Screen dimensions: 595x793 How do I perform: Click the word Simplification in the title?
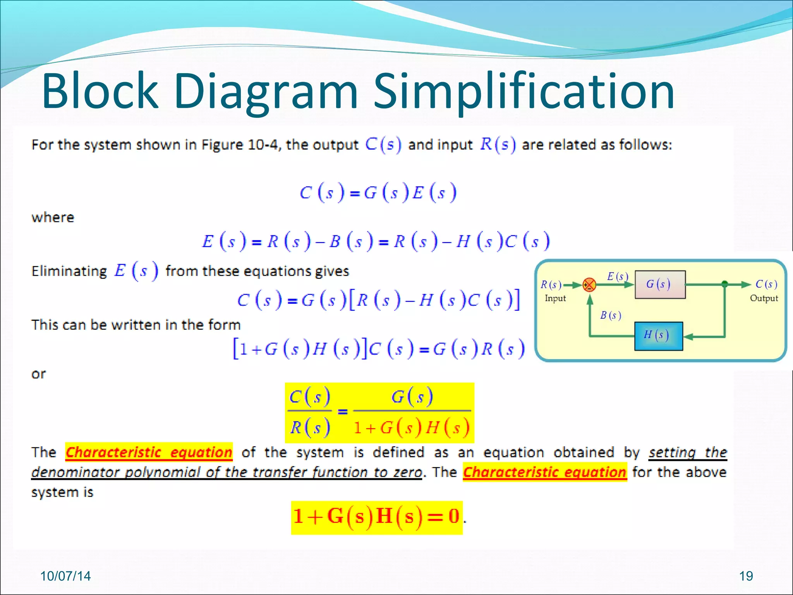524,92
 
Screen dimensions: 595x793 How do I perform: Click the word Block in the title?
100,92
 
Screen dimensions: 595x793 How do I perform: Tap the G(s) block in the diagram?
660,285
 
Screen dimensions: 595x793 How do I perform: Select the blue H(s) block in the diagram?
658,336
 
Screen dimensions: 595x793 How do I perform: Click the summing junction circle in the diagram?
589,285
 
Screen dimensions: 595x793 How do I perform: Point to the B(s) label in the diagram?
610,315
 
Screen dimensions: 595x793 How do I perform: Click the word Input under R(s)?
555,298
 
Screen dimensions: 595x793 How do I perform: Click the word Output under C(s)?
764,298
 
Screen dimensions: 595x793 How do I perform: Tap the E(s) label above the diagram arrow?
617,276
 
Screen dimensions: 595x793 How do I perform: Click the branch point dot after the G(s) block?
725,284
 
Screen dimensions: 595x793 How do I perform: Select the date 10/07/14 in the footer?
65,576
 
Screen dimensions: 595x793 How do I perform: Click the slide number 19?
746,576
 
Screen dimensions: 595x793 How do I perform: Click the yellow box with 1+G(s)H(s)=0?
376,517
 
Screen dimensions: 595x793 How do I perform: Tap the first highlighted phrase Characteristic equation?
149,452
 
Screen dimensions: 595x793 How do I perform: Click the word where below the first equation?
53,217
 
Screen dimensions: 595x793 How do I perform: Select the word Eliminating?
69,271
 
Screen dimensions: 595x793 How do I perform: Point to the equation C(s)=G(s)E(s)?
378,193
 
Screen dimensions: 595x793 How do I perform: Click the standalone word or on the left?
38,374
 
